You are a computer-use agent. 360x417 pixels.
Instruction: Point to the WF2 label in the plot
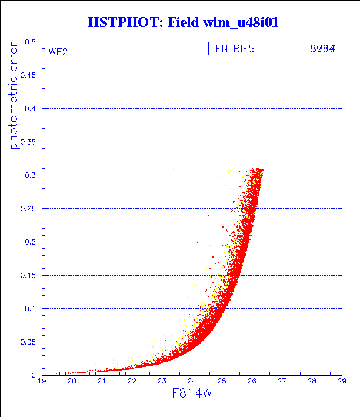(x=58, y=51)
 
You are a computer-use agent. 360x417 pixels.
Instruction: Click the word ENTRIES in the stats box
(x=235, y=49)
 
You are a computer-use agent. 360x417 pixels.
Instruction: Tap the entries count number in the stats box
(x=322, y=49)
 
